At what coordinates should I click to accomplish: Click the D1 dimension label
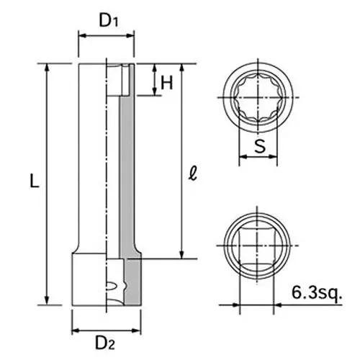pos(108,20)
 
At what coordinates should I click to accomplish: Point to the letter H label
pos(167,82)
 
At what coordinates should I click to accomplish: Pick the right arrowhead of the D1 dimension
pos(132,37)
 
